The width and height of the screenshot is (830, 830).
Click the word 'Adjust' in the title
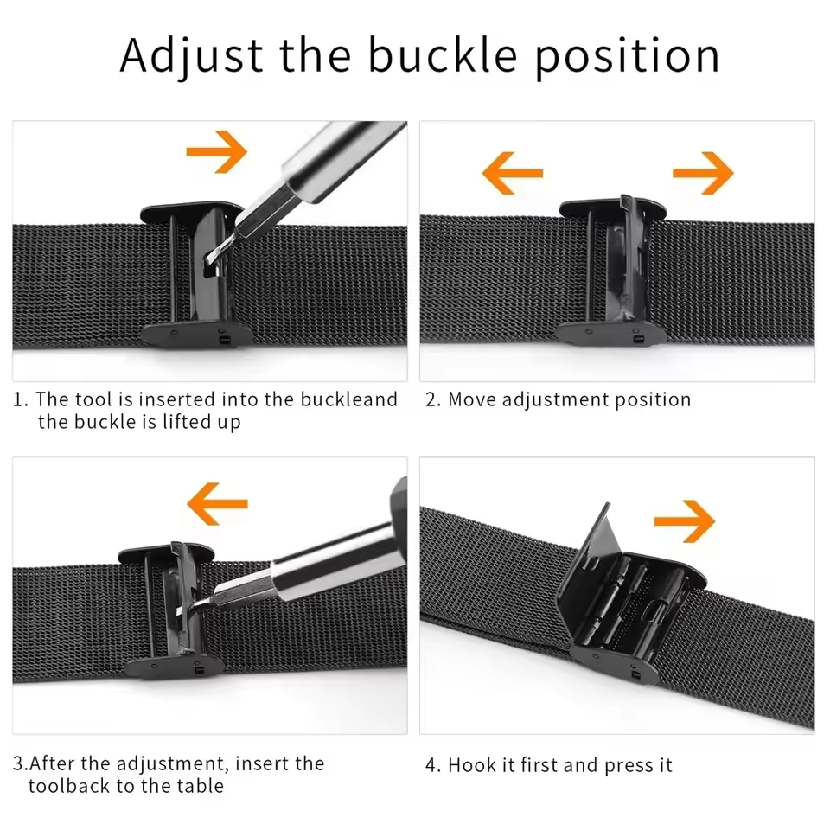192,56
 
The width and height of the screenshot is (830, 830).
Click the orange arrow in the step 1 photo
216,151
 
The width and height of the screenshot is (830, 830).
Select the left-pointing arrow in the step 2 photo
513,172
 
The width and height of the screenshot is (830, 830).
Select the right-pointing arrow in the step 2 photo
703,172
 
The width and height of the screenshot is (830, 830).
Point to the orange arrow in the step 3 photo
218,503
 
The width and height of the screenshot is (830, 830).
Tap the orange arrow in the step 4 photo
685,520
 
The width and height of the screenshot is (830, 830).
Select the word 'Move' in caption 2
472,399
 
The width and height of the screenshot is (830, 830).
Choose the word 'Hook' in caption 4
473,765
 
